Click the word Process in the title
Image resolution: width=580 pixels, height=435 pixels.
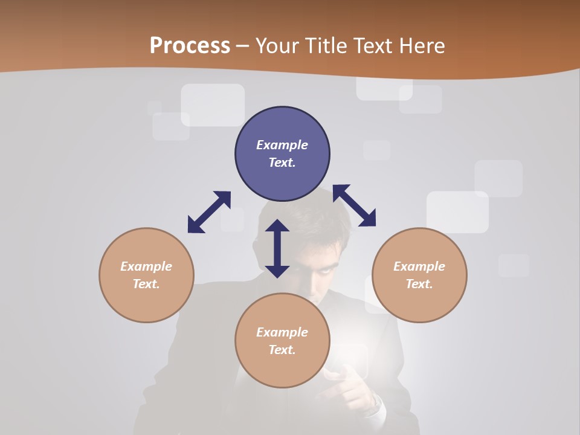(190, 46)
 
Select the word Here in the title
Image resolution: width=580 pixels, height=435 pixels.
(422, 46)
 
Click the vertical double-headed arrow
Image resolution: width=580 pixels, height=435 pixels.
(277, 248)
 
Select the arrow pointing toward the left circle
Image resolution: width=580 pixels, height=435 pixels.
(209, 212)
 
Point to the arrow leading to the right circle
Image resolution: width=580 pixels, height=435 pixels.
(354, 205)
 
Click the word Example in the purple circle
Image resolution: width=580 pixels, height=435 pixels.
(282, 145)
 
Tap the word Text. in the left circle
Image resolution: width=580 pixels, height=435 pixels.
(146, 284)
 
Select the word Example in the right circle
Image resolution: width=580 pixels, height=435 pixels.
(419, 266)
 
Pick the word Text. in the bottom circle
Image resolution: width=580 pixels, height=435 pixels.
(282, 350)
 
